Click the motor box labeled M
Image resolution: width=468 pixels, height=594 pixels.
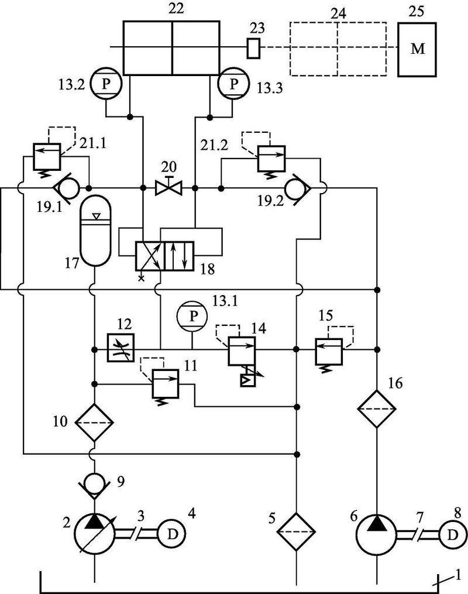[x=418, y=50]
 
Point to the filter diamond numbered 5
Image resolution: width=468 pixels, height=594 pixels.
[x=297, y=531]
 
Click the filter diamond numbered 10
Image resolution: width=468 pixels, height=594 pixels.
[x=94, y=421]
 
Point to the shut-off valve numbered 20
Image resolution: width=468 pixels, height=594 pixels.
[x=169, y=188]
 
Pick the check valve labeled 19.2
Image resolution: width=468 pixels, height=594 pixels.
[x=298, y=188]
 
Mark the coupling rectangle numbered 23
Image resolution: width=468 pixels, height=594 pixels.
[x=253, y=48]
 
